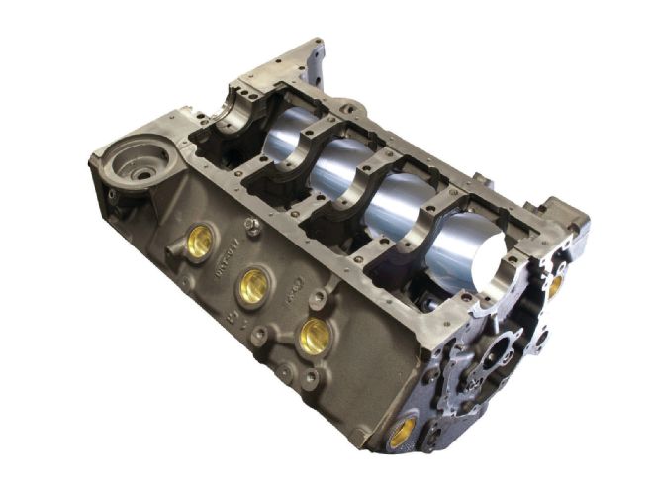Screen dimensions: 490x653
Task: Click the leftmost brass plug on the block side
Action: [200, 243]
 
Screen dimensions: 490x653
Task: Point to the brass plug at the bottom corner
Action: [403, 432]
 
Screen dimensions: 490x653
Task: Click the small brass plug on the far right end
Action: [555, 287]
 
